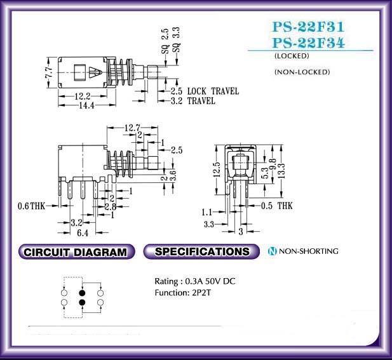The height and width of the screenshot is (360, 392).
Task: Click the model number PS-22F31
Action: pyautogui.click(x=308, y=27)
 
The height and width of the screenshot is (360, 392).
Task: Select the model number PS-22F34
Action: pyautogui.click(x=309, y=43)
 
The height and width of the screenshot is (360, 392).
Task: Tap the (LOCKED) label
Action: pyautogui.click(x=292, y=56)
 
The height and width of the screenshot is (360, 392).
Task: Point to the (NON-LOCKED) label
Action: pyautogui.click(x=302, y=72)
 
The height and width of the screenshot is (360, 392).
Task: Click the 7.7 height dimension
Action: pyautogui.click(x=50, y=72)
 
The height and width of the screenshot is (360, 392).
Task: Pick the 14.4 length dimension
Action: pyautogui.click(x=86, y=105)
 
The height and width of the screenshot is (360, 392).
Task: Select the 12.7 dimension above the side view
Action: pyautogui.click(x=133, y=128)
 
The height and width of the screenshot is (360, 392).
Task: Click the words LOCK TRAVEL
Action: pyautogui.click(x=213, y=91)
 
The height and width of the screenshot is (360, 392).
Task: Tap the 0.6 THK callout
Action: pyautogui.click(x=31, y=206)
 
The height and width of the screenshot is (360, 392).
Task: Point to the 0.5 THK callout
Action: pyautogui.click(x=277, y=206)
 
